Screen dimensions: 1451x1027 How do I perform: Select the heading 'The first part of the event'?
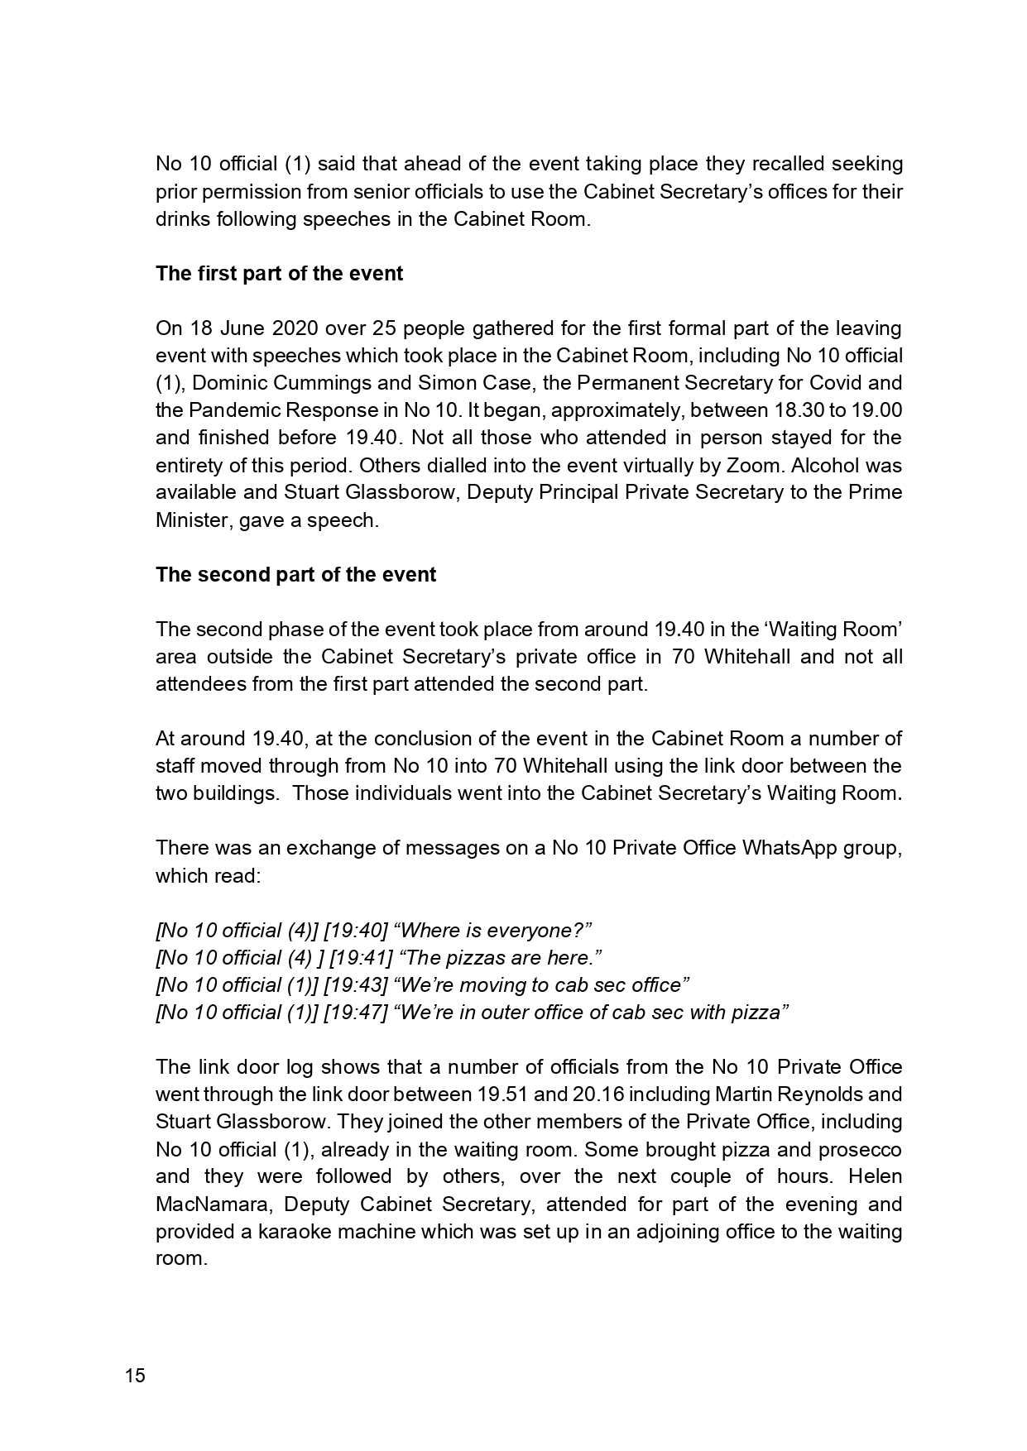279,274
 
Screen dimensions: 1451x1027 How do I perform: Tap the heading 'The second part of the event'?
295,575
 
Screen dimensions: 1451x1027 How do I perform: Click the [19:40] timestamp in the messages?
356,931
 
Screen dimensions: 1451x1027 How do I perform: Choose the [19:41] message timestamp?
361,958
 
